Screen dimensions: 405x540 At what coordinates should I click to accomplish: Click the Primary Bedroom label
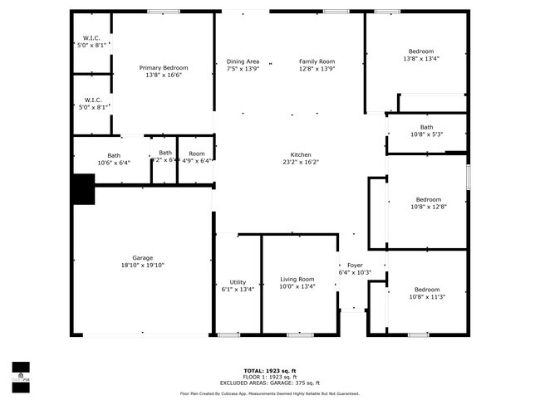tap(163, 67)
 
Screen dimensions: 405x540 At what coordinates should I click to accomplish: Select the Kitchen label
tap(300, 154)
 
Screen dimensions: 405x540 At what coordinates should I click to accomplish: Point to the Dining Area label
tap(243, 61)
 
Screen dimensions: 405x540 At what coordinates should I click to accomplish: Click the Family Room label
tap(317, 61)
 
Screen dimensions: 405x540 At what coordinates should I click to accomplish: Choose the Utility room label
tap(238, 280)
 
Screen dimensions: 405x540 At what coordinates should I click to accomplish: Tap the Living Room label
tap(297, 279)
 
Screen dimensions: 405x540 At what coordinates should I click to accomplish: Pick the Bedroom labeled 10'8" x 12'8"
tap(428, 199)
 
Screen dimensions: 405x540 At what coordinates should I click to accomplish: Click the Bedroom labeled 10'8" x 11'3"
tap(427, 289)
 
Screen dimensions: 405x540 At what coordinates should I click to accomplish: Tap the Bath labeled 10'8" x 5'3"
tap(426, 127)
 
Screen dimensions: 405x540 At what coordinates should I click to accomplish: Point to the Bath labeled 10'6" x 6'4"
tap(114, 155)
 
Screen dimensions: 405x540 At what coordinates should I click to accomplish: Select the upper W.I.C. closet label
tap(91, 38)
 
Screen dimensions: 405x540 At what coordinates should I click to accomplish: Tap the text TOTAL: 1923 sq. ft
tap(270, 370)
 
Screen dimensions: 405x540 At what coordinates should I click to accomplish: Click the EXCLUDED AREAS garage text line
tap(270, 383)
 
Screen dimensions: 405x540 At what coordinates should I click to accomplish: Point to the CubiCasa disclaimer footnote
tap(270, 393)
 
